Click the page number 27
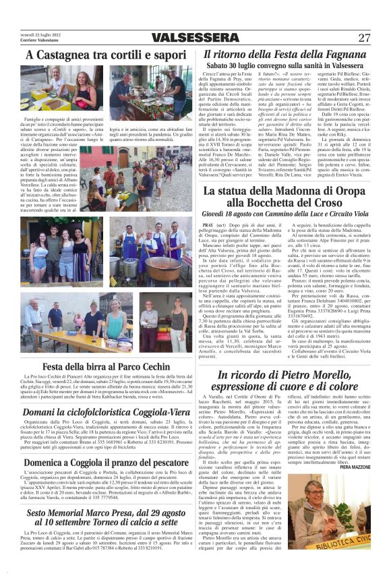point(364,38)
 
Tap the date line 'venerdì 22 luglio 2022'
point(36,34)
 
